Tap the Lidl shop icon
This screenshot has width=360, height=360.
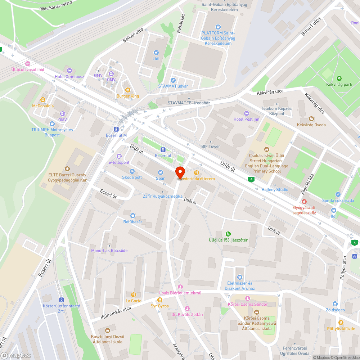click(156, 53)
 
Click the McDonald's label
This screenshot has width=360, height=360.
click(43, 106)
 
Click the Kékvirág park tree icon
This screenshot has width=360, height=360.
click(338, 78)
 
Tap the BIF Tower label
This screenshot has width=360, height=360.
click(211, 147)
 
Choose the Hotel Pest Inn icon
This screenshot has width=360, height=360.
click(246, 113)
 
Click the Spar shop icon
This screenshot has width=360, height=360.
click(161, 172)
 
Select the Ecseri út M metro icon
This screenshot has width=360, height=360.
click(116, 129)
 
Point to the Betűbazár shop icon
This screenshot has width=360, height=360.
click(132, 215)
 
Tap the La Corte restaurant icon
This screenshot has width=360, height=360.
click(133, 294)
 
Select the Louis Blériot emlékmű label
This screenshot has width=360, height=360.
click(180, 293)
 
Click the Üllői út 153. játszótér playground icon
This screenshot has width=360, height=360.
click(228, 234)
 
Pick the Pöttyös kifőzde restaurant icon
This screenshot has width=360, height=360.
click(341, 323)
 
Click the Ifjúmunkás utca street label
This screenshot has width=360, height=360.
click(116, 314)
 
